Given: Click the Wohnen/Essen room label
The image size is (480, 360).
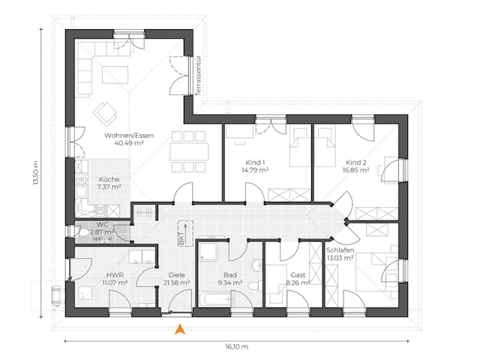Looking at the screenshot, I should click(x=129, y=135).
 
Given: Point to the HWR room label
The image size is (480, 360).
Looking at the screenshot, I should click(x=115, y=274).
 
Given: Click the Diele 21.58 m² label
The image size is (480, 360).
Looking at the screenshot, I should click(x=176, y=279).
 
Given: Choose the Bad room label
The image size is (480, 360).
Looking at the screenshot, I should click(x=229, y=274).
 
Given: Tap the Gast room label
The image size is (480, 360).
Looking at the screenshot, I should click(x=298, y=274).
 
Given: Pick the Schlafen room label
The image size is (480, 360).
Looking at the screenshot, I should click(x=340, y=250).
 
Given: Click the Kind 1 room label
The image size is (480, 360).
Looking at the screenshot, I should click(x=256, y=162).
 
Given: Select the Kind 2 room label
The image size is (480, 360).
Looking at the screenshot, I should click(x=356, y=162).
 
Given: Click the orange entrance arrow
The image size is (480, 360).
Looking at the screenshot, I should click(x=179, y=328).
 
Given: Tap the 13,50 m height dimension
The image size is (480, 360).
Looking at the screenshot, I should click(x=34, y=175).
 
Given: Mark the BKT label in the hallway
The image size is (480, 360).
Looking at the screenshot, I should click(x=180, y=238).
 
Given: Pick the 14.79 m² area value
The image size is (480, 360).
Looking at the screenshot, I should click(x=256, y=170).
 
